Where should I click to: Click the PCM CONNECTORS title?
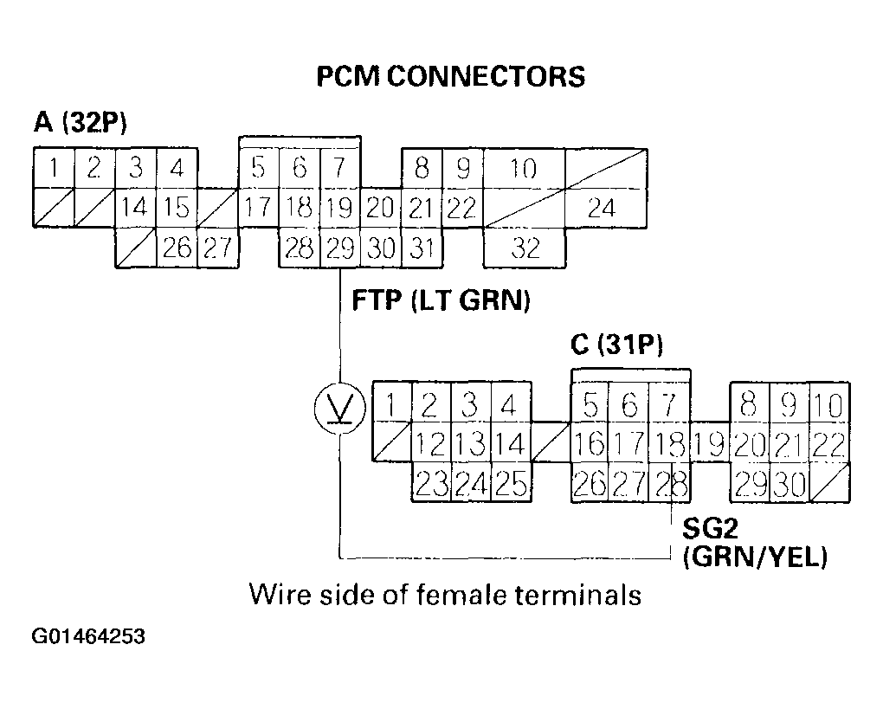click(450, 76)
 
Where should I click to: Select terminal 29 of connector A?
click(340, 249)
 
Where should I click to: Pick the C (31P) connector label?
click(617, 346)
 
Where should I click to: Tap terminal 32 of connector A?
click(525, 249)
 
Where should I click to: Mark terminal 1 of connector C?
click(392, 404)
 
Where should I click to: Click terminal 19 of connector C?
click(710, 445)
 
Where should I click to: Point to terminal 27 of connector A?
click(217, 249)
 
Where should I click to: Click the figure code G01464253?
click(89, 638)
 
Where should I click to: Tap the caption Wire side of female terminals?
click(445, 596)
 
